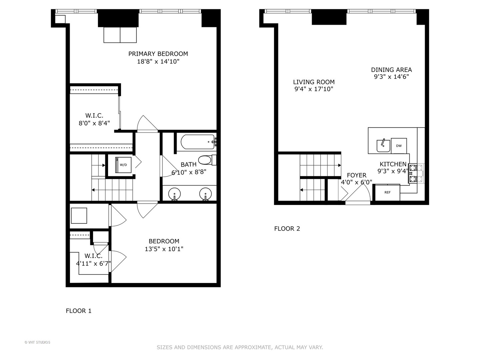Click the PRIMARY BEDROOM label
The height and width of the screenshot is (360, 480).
pos(158,54)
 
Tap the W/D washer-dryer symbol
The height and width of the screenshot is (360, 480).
pos(123,165)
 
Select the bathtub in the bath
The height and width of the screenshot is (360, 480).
pos(198,142)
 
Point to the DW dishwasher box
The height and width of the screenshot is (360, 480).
pos(399,146)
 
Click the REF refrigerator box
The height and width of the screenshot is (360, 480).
pos(387,192)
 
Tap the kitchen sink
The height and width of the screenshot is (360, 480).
pos(383,145)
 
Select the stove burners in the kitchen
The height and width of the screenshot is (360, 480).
pos(413,174)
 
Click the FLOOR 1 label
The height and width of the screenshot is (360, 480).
pos(79,311)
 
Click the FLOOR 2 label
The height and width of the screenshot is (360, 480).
pos(287,229)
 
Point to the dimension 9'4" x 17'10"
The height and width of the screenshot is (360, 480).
pos(314,89)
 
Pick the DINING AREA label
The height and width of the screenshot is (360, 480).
pos(391,70)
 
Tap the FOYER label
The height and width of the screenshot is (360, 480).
pos(356,175)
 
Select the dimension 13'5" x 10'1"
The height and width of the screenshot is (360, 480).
pos(164,249)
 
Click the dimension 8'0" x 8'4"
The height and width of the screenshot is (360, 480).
pos(94,123)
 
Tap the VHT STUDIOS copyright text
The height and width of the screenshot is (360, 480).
pos(37,342)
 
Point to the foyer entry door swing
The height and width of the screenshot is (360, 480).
pos(360,192)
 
